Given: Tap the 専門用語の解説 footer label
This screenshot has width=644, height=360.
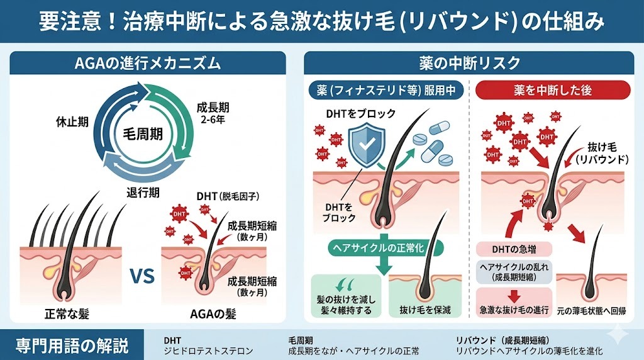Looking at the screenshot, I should tap(72, 345).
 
